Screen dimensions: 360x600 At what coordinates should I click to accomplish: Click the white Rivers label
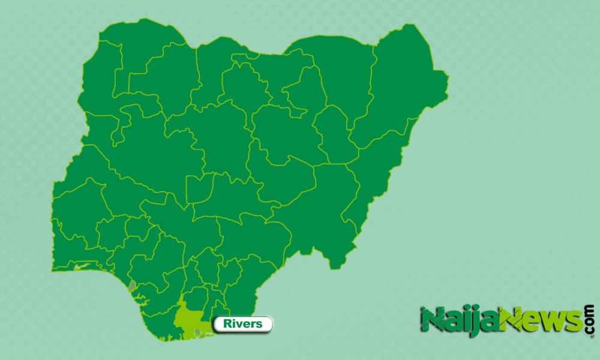click(242, 324)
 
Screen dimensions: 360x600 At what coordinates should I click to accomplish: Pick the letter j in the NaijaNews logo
click(473, 322)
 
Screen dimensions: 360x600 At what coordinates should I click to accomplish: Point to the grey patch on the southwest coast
click(133, 285)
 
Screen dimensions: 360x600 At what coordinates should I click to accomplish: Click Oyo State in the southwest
click(78, 204)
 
